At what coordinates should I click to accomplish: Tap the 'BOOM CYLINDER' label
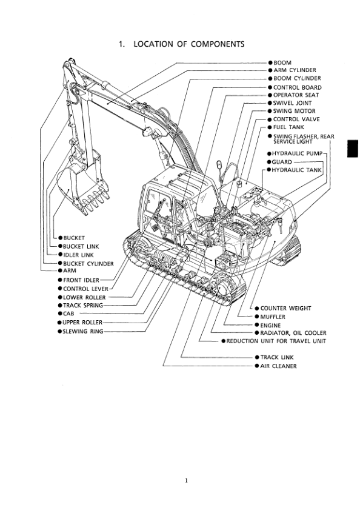(x=297, y=78)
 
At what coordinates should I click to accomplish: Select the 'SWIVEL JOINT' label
(x=292, y=102)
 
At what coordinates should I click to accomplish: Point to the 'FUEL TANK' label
(x=288, y=127)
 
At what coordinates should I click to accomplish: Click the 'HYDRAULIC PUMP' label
(x=297, y=153)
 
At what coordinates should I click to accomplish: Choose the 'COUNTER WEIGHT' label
(x=285, y=308)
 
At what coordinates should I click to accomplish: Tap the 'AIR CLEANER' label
(x=278, y=366)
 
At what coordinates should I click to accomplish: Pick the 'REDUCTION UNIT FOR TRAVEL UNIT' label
(x=276, y=341)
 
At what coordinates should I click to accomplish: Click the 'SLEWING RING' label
(x=83, y=332)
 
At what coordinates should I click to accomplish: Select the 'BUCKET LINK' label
(x=81, y=247)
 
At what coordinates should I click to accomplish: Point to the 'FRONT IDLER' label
(x=81, y=280)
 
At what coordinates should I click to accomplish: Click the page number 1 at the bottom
(x=186, y=480)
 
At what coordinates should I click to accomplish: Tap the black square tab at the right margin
(x=353, y=149)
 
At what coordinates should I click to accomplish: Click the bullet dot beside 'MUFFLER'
(x=257, y=317)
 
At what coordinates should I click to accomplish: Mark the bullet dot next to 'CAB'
(x=60, y=314)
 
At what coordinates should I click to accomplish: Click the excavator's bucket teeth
(x=96, y=200)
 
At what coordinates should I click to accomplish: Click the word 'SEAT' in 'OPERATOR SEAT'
(x=312, y=95)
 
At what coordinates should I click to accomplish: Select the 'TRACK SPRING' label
(x=83, y=305)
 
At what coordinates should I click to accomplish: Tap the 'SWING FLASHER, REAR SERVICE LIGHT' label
(x=304, y=139)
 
